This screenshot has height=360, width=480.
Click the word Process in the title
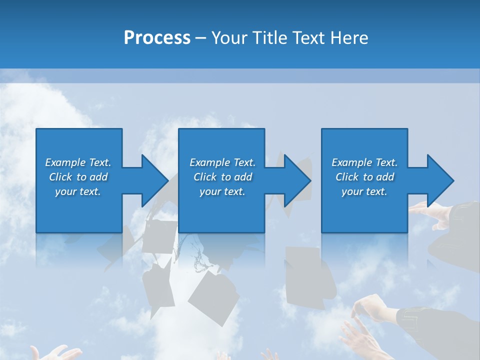[x=157, y=38]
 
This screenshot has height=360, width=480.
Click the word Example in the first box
[x=65, y=162]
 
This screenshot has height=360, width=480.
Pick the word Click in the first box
[x=61, y=177]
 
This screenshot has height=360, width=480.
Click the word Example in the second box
[x=210, y=162]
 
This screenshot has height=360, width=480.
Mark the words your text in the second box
[x=222, y=191]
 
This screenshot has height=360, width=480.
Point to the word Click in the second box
[x=205, y=177]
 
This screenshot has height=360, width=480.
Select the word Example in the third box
[x=352, y=162]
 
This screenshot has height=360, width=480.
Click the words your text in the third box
[x=364, y=191]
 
